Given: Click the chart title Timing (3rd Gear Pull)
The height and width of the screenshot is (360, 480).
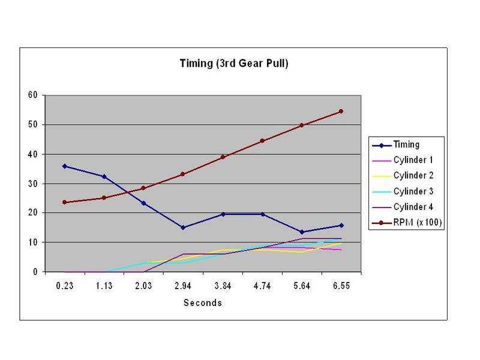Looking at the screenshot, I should pos(235,64).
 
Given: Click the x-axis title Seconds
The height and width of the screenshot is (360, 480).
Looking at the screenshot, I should pos(203,303).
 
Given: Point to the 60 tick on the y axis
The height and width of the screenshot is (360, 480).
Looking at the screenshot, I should pos(34,95).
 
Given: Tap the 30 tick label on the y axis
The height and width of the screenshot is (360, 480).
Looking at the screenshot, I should pos(34,183).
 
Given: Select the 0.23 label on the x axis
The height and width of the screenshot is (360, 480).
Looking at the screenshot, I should pos(64,286).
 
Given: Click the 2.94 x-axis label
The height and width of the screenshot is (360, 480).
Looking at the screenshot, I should pos(183,286).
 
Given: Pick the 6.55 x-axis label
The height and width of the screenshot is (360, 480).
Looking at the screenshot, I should pos(341,286).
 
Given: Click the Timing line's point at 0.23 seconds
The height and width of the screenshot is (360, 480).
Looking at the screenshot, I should pos(64,166).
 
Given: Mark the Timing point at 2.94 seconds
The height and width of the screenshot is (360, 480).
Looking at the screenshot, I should pos(183,227).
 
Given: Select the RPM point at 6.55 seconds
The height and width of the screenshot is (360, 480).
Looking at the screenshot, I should pos(341,111).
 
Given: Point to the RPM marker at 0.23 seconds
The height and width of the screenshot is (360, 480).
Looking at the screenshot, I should pos(64,202).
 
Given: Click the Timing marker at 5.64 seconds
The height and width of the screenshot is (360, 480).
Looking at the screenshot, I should pos(302,232).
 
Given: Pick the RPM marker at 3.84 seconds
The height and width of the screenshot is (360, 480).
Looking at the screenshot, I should pos(223,157).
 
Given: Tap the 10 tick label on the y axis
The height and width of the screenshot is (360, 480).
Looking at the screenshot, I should pos(34,242).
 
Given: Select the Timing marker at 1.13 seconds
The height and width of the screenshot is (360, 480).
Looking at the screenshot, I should pos(104,176).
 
